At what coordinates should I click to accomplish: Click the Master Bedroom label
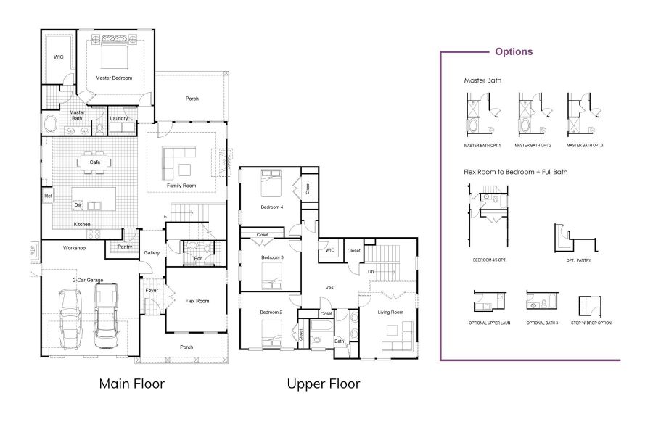tap(114, 78)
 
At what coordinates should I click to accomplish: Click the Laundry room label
tap(119, 118)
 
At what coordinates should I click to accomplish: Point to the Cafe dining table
tap(95, 162)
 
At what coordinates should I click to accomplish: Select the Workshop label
tap(74, 248)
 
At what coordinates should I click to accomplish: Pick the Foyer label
tap(151, 291)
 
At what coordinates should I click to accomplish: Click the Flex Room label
tap(197, 300)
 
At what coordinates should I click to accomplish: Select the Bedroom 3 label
tap(271, 258)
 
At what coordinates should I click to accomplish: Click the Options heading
tap(514, 51)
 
